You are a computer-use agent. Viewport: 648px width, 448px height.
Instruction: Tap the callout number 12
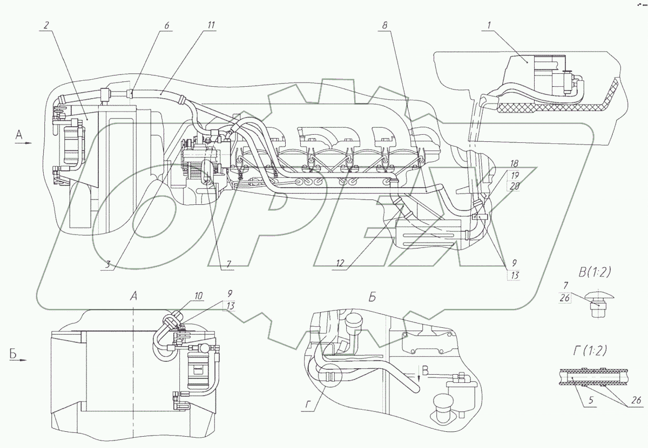click(339, 264)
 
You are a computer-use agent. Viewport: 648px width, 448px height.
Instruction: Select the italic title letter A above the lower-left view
click(134, 295)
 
